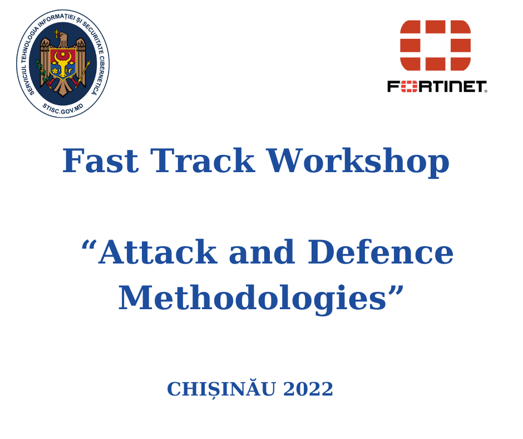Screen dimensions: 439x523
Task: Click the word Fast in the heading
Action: [x=100, y=161]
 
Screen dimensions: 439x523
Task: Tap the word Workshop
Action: [x=358, y=161]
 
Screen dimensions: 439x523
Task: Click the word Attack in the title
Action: [x=157, y=252]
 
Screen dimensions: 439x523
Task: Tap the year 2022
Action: [x=308, y=389]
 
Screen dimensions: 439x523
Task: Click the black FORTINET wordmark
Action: [x=437, y=86]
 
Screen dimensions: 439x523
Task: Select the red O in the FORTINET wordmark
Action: [x=408, y=86]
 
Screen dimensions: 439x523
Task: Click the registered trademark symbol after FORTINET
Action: [x=486, y=91]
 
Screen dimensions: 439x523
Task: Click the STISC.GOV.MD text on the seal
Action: [x=62, y=107]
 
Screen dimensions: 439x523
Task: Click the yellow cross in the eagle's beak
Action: [x=56, y=34]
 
